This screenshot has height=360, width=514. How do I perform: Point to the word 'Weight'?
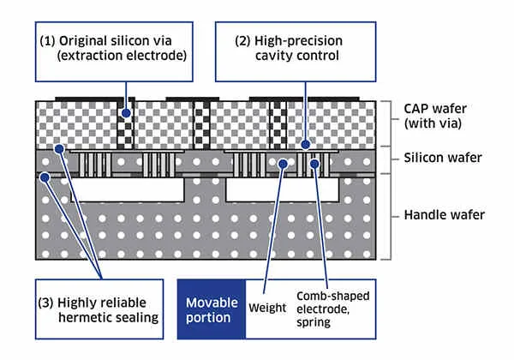pos(265,307)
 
